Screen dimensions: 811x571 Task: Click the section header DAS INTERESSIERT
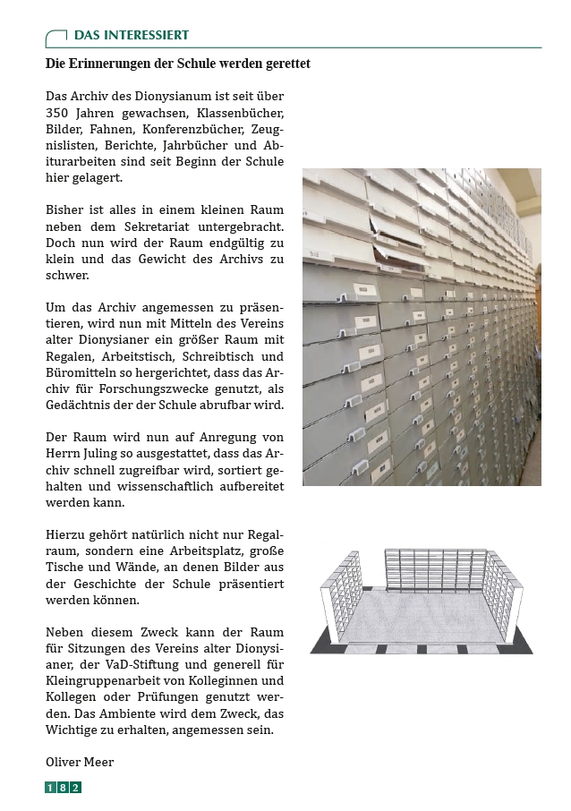coord(131,36)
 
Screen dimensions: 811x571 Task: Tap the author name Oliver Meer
coord(80,762)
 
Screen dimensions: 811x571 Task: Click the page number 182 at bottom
coord(64,788)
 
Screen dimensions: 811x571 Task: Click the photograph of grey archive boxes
coord(422,327)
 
